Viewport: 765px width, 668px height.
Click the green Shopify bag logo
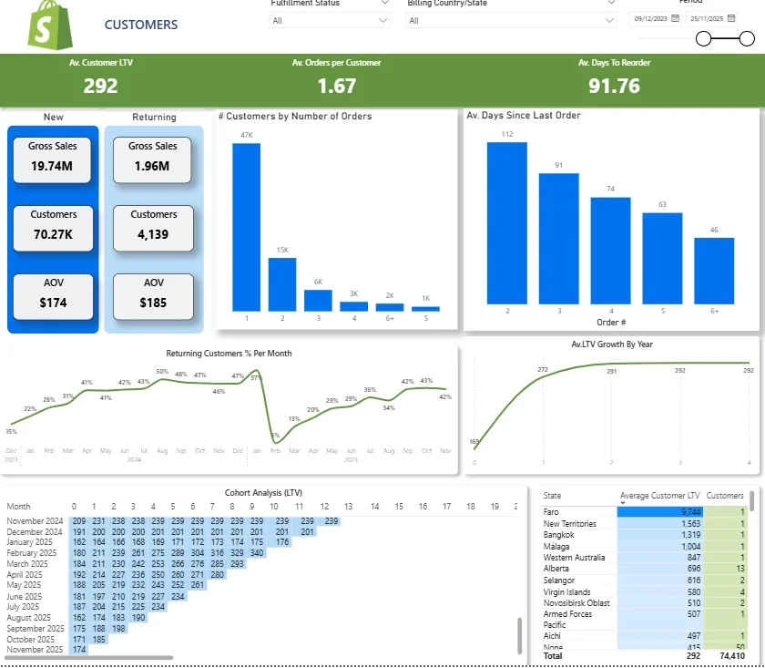tap(44, 24)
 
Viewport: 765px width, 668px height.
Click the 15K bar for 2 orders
tap(282, 283)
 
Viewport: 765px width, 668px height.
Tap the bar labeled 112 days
tap(507, 222)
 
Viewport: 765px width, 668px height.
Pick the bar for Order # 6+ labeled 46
tap(714, 270)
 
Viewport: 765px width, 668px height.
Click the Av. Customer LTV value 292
tap(101, 87)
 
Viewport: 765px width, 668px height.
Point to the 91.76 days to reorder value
tap(614, 87)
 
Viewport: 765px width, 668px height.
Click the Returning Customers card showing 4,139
tap(153, 228)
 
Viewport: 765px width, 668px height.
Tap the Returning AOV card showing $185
tap(154, 296)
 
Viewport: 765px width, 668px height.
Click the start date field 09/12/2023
tap(651, 17)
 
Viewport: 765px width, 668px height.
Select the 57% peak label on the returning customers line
tap(256, 377)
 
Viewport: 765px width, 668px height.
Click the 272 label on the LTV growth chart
tap(544, 370)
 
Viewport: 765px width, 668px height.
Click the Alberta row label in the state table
tap(556, 568)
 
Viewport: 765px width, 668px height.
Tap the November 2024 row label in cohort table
tap(34, 520)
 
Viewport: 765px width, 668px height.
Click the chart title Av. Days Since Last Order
tap(523, 116)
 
